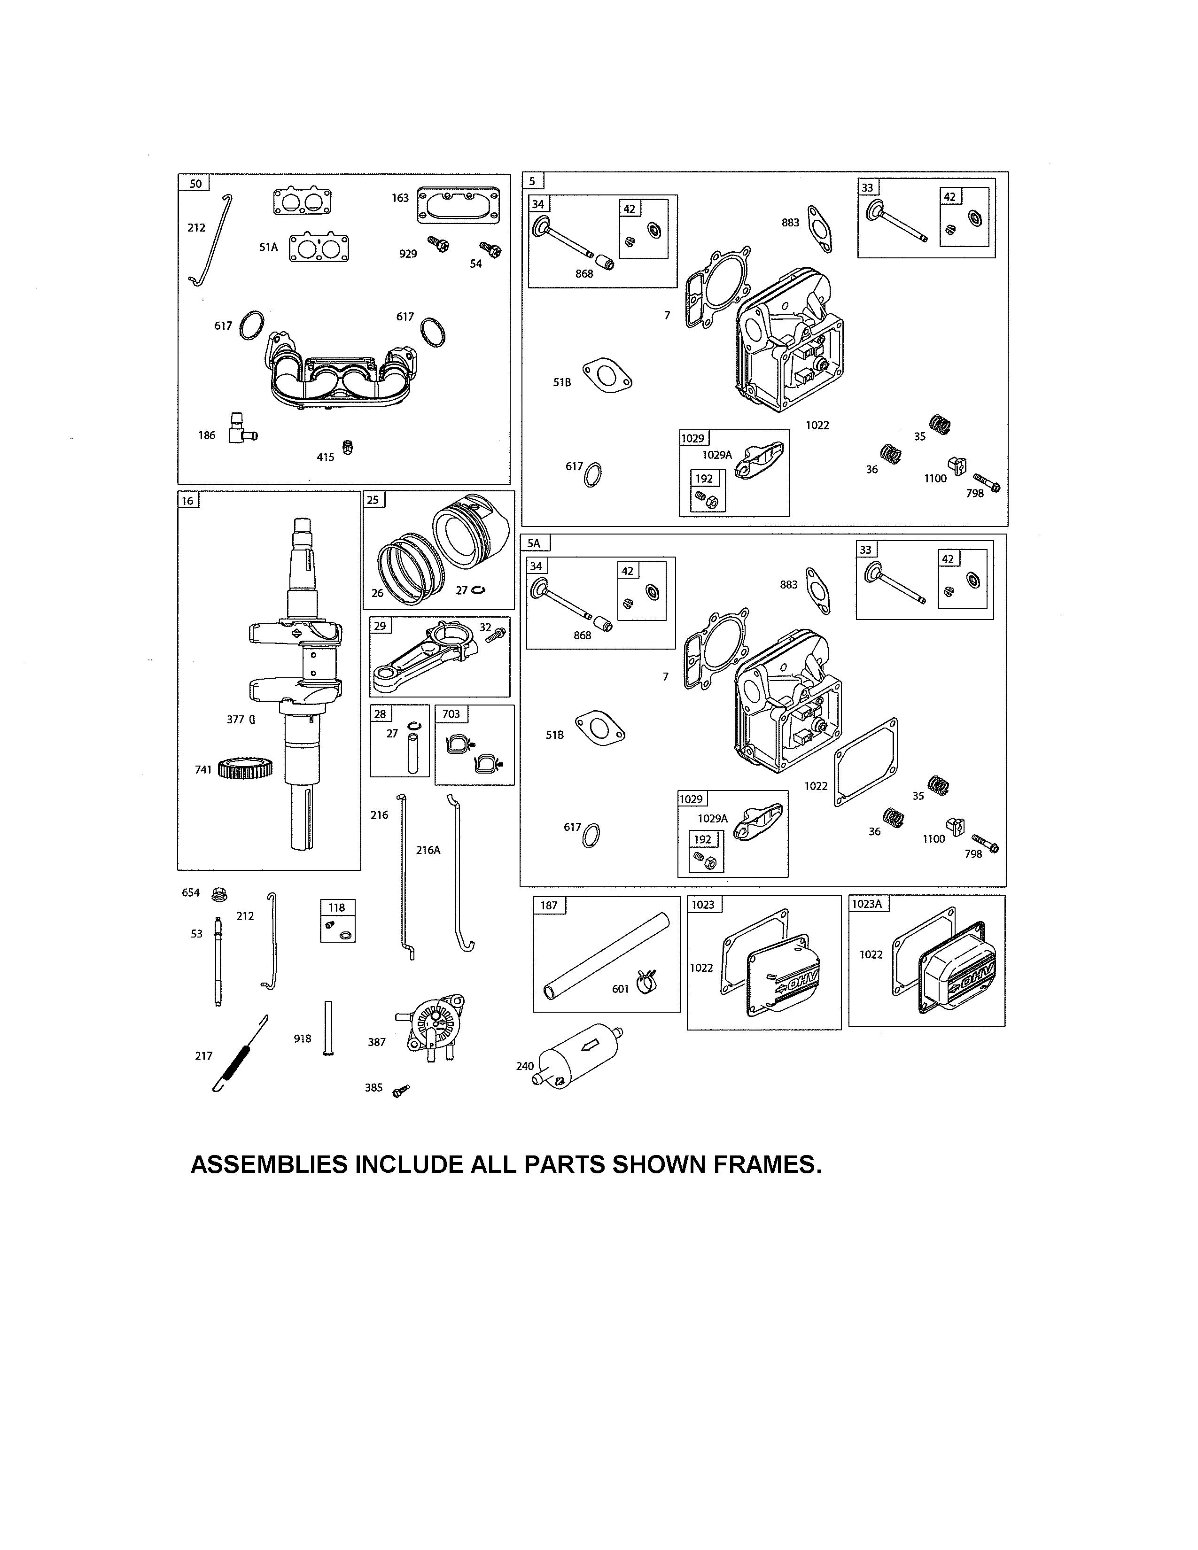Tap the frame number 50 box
(194, 183)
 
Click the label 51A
(268, 247)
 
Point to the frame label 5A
(534, 543)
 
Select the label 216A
(428, 850)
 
